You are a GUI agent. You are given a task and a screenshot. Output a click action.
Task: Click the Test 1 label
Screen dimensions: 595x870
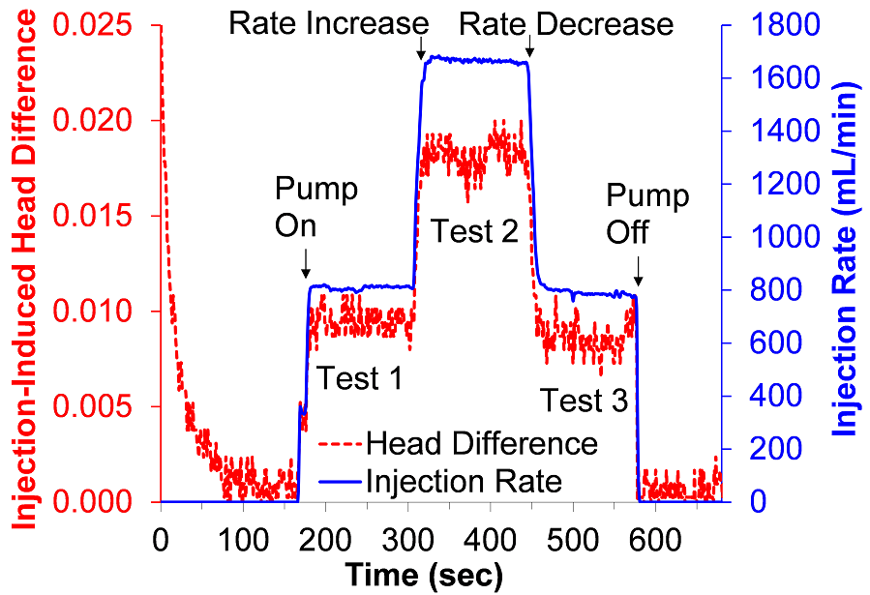click(x=360, y=378)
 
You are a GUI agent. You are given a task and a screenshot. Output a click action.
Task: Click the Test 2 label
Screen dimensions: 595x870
click(x=474, y=231)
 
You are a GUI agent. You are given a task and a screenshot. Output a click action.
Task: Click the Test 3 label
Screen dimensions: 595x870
click(x=584, y=400)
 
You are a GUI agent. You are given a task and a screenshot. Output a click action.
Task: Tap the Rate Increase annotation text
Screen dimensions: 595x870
click(x=328, y=23)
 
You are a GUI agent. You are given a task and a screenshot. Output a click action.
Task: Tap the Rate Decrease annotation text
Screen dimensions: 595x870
click(x=565, y=23)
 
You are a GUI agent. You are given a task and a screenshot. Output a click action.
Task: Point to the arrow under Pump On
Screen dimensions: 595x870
click(x=306, y=262)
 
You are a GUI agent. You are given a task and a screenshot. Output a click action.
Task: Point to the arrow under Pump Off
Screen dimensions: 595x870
click(x=636, y=277)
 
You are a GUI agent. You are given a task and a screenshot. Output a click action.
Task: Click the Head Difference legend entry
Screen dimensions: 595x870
click(x=481, y=443)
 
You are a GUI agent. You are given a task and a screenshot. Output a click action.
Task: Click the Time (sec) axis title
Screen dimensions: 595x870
click(x=424, y=576)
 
